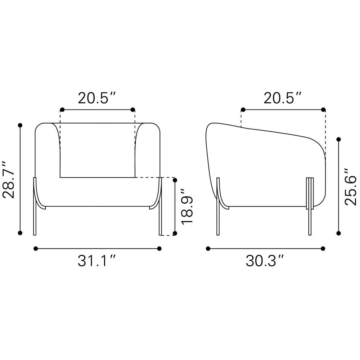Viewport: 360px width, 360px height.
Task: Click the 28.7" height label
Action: [9, 180]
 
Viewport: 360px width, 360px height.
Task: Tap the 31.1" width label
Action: [96, 261]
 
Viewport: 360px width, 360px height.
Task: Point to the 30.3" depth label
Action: [265, 261]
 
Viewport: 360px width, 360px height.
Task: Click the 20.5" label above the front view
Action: [97, 98]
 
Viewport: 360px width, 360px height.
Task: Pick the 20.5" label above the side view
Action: [283, 98]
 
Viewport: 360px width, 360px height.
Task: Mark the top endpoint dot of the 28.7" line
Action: [20, 125]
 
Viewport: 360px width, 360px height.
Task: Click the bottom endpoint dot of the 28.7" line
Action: [20, 233]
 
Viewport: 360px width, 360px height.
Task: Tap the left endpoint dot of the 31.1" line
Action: [36, 248]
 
